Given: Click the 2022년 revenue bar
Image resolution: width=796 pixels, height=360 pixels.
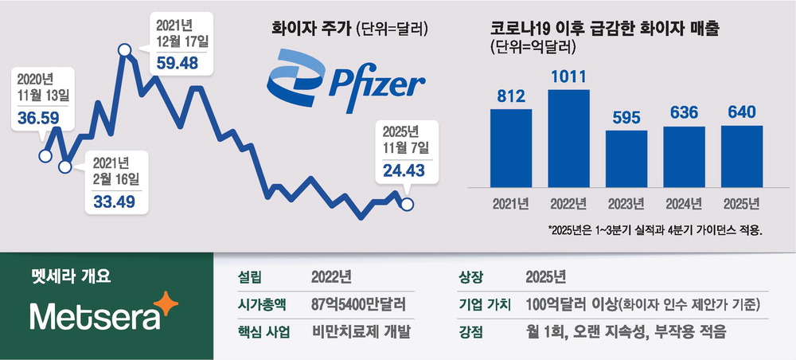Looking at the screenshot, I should pos(568,137).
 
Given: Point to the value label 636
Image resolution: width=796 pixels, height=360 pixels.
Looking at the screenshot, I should pos(684,114).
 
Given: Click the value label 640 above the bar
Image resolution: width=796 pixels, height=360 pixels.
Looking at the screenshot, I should pos(742,113).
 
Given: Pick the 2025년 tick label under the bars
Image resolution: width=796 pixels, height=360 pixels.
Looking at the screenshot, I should pos(742,202).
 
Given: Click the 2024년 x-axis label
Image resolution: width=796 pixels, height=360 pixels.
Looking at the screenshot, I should pos(684,202).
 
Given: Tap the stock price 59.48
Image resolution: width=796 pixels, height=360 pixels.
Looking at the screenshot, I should pos(178,61).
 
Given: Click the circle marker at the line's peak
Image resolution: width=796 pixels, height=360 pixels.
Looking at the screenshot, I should pos(125,51).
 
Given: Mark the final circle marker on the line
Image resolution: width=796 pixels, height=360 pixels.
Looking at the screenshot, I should pos(408,205).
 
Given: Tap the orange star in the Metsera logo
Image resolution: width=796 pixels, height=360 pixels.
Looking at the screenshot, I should pos(166,303).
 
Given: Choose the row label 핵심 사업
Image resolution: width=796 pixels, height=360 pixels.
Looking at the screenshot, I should pos(260,332).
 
